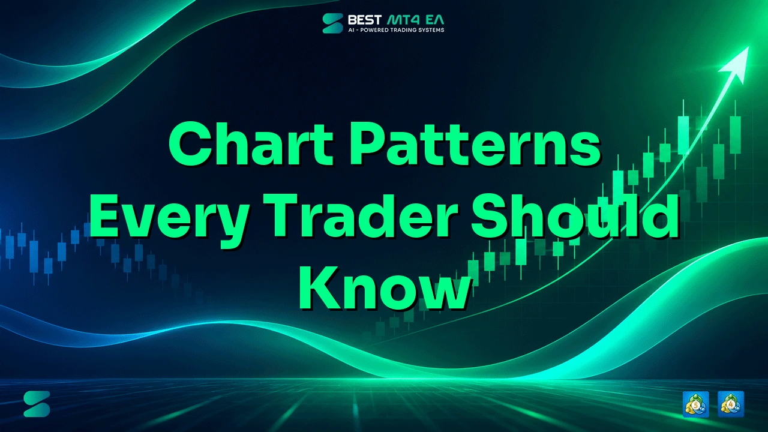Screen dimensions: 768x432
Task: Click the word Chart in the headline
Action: click(251, 144)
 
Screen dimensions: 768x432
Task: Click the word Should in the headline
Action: click(575, 215)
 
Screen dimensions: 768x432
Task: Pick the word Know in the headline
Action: click(385, 288)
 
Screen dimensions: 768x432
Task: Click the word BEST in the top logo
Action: click(365, 20)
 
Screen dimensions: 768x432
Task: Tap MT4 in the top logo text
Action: click(404, 20)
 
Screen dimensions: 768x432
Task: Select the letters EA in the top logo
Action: click(436, 20)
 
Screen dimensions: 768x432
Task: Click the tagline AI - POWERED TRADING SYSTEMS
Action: click(396, 30)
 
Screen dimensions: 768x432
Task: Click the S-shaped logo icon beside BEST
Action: click(332, 23)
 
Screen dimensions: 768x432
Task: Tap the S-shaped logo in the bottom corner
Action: click(37, 404)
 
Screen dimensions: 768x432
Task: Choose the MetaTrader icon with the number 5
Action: click(695, 404)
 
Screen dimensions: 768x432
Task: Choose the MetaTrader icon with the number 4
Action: click(731, 404)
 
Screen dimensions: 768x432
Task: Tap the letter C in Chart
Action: click(189, 144)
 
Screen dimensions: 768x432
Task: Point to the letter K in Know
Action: click(319, 287)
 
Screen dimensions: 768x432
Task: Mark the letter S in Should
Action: click(491, 215)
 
